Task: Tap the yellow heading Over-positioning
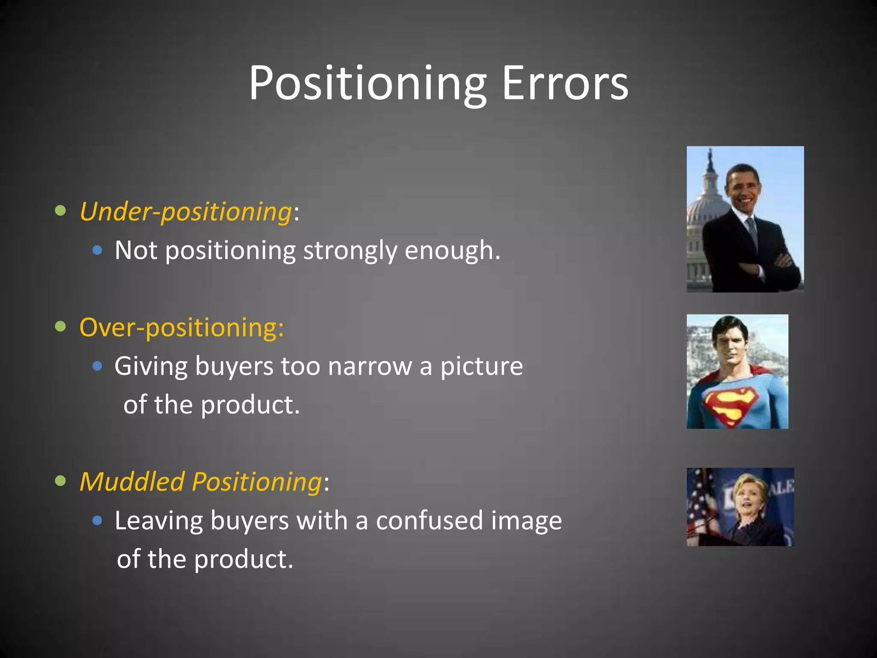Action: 182,328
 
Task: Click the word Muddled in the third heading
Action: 132,482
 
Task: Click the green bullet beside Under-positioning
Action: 61,211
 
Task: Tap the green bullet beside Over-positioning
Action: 61,326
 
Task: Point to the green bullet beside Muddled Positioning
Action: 61,481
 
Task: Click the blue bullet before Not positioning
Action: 98,250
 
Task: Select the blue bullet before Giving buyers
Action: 98,366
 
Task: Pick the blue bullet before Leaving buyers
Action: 98,520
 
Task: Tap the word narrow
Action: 370,367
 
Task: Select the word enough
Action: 452,251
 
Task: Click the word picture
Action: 481,367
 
